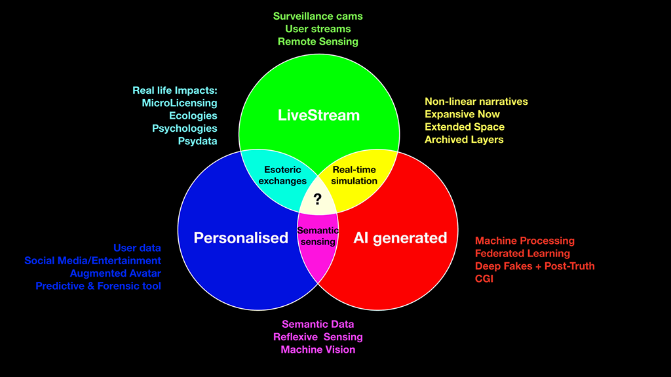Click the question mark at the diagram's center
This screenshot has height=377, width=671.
(x=318, y=199)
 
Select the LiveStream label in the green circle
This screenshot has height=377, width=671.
(x=318, y=115)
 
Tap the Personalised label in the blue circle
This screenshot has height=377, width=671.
(x=240, y=237)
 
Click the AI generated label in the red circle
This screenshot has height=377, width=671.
(x=400, y=237)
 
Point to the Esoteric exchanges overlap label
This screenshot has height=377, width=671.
(x=282, y=175)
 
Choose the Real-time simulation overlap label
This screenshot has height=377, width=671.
(x=355, y=175)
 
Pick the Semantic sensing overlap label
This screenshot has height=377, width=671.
(x=318, y=236)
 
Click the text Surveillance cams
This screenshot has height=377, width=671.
(x=318, y=16)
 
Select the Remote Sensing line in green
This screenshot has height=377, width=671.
(x=318, y=41)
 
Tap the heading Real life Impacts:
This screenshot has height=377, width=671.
(x=174, y=90)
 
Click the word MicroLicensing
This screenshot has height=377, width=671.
(x=179, y=103)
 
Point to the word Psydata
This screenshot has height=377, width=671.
(x=197, y=140)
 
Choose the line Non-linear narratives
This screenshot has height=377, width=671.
(x=476, y=102)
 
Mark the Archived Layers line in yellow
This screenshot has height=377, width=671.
(x=464, y=139)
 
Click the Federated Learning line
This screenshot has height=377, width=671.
(x=522, y=253)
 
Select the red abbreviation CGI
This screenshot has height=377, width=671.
(x=484, y=279)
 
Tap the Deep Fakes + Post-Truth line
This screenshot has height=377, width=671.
(x=535, y=266)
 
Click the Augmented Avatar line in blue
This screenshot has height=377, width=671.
(x=115, y=273)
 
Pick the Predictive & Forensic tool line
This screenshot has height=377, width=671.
(x=98, y=286)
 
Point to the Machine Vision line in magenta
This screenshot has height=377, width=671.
(x=318, y=349)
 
